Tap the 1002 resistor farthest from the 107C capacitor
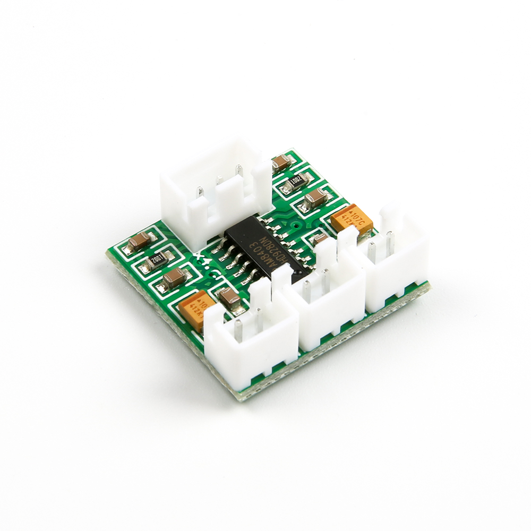pyautogui.click(x=158, y=260)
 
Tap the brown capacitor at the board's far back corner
pyautogui.click(x=281, y=162)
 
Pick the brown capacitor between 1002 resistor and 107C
pyautogui.click(x=315, y=199)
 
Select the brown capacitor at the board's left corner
pyautogui.click(x=139, y=242)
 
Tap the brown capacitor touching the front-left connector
pyautogui.click(x=229, y=299)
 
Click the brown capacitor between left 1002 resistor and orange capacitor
pyautogui.click(x=174, y=277)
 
